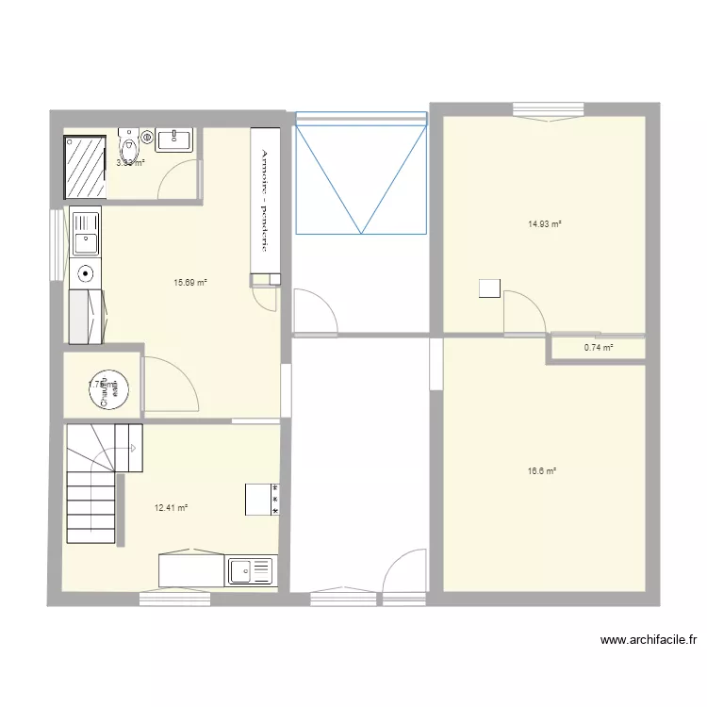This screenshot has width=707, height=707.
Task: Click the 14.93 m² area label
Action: click(545, 224)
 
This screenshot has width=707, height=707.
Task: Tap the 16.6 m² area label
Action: click(541, 470)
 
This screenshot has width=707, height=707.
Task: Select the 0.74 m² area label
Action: click(599, 348)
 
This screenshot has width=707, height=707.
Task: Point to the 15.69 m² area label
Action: click(189, 282)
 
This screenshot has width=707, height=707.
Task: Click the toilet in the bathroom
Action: click(129, 145)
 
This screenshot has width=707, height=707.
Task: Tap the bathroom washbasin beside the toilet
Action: click(174, 140)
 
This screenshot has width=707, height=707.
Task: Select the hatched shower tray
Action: click(85, 167)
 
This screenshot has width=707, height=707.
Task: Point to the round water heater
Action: click(111, 386)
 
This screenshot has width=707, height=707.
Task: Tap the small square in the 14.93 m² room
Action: click(488, 288)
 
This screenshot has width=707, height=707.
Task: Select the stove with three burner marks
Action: click(262, 499)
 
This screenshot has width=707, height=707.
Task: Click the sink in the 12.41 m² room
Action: click(251, 570)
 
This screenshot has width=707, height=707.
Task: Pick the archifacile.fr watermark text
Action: click(649, 641)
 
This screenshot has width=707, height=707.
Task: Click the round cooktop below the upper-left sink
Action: click(86, 274)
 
